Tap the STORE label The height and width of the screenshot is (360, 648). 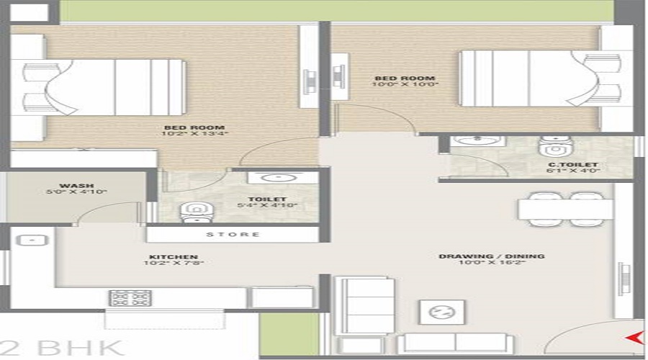[x=233, y=235]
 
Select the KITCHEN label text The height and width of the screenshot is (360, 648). [x=173, y=256]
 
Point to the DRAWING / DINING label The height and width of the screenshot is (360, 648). [x=492, y=256]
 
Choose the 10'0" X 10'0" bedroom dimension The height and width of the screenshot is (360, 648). [x=405, y=84]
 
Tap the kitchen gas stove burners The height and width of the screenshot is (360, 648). [x=130, y=298]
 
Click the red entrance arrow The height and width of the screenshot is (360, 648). [x=634, y=336]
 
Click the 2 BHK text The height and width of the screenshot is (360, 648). [x=61, y=346]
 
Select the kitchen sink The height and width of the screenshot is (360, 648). [x=30, y=241]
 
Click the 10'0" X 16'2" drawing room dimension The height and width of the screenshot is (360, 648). [x=492, y=264]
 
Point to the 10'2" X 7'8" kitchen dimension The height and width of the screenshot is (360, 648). [x=173, y=264]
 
